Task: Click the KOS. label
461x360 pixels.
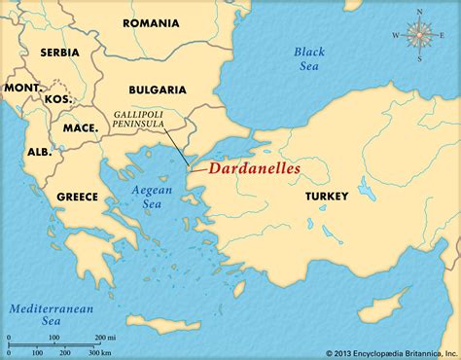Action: point(57,98)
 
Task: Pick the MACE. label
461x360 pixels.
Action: point(80,127)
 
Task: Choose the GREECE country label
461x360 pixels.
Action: point(77,197)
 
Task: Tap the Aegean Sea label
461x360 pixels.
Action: point(149,198)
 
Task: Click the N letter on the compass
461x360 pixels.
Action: point(419,12)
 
